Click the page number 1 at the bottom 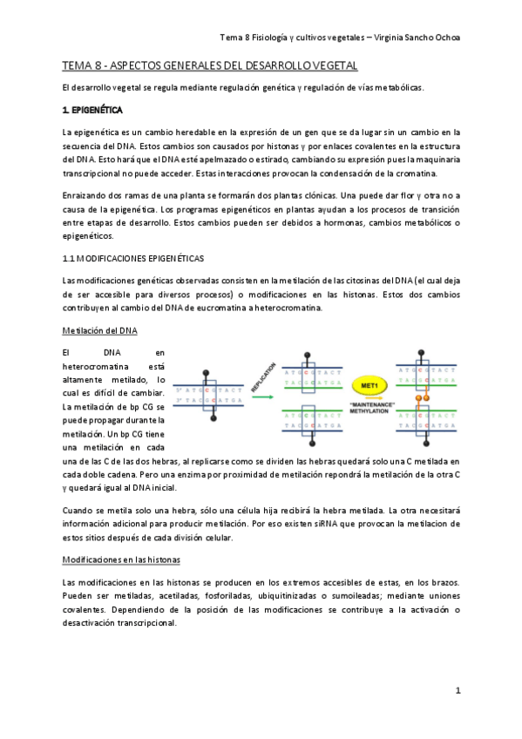click(458, 690)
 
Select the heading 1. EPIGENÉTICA click(92, 111)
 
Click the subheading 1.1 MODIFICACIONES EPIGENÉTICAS click(133, 259)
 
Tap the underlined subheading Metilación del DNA click(99, 330)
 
